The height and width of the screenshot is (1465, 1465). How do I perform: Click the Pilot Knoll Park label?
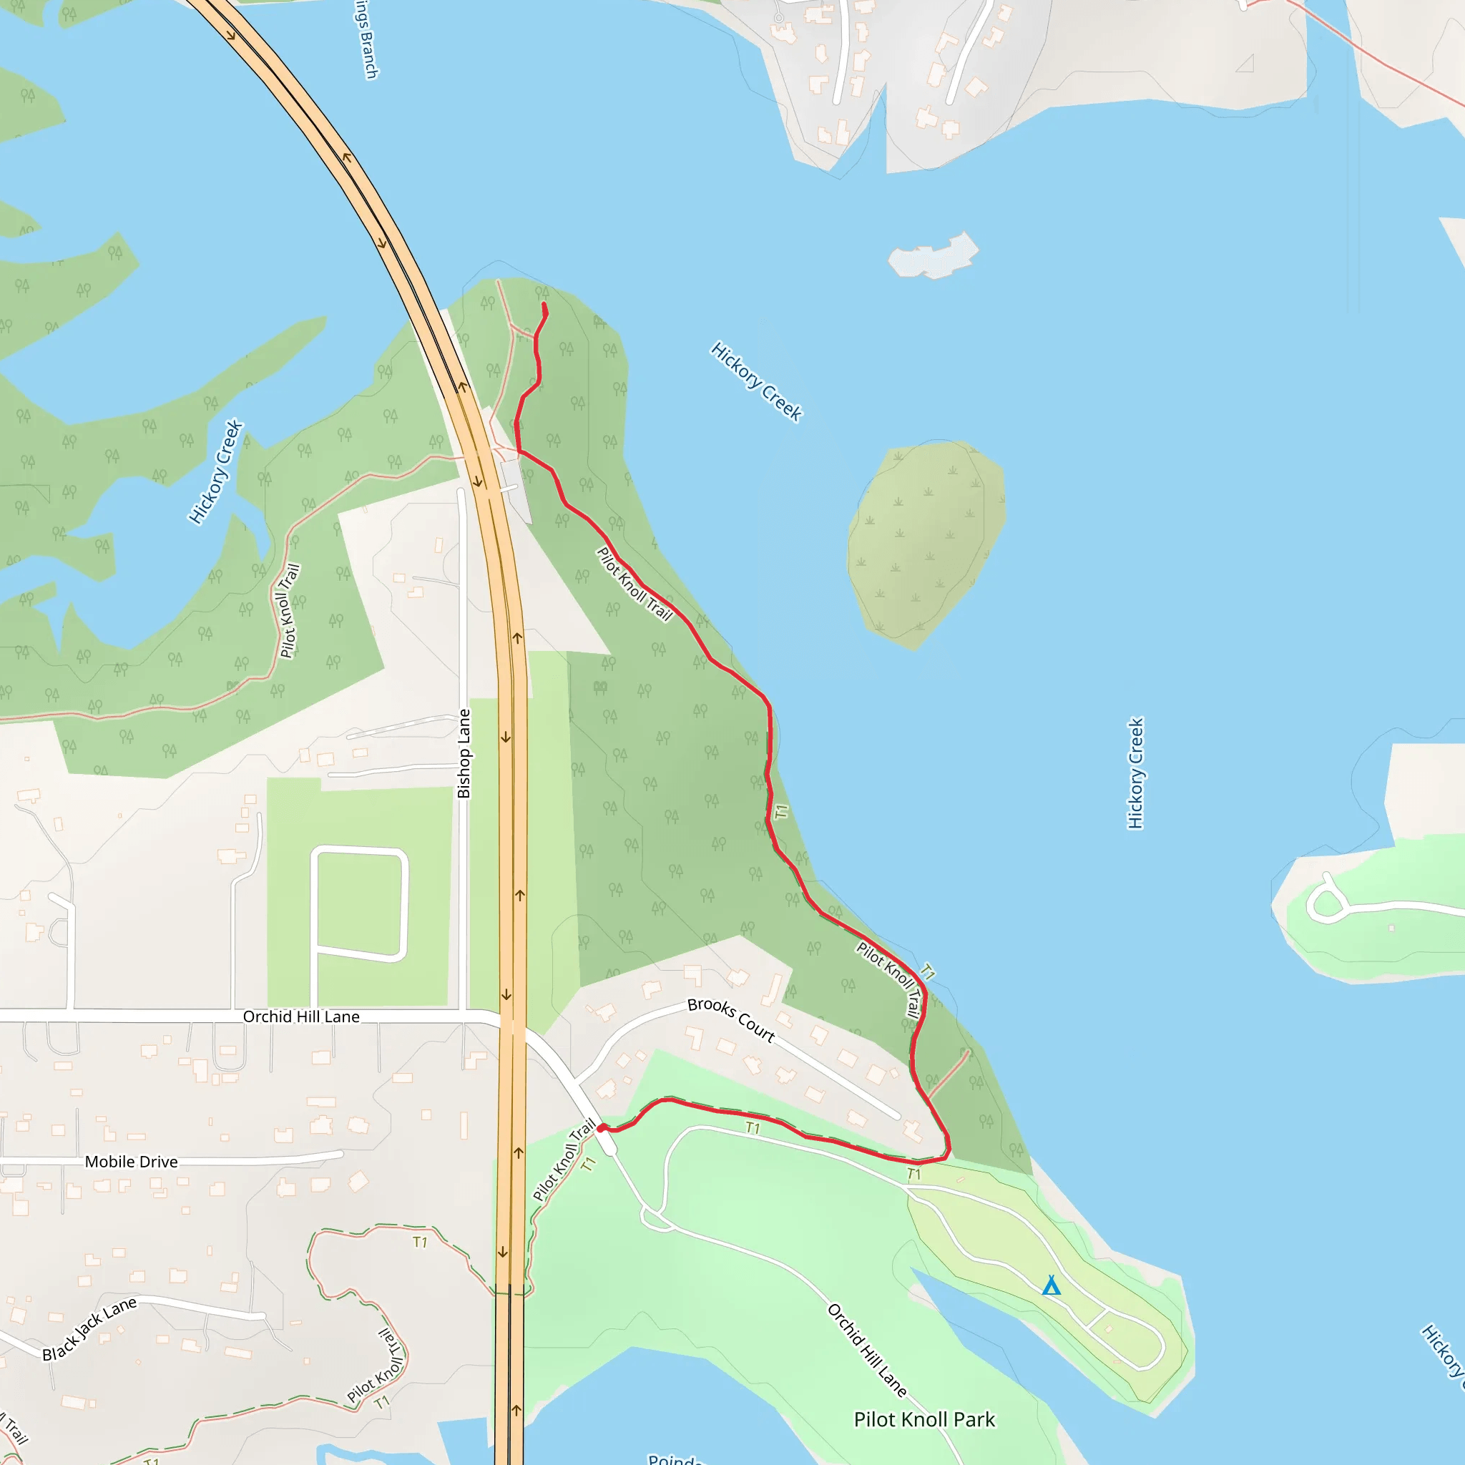tap(923, 1419)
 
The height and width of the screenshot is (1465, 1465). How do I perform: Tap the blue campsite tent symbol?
tap(1051, 1286)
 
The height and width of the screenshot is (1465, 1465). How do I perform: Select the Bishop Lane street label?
tap(464, 753)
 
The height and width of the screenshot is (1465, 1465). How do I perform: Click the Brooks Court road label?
tap(731, 1020)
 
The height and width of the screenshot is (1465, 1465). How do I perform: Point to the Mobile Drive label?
tap(131, 1162)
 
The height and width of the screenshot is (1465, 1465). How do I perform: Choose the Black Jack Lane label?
tap(89, 1329)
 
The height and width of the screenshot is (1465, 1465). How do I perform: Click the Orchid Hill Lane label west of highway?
tap(301, 1017)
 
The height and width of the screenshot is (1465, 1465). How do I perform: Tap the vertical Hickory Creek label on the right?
tap(1135, 773)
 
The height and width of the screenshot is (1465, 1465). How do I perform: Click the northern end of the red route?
tap(544, 305)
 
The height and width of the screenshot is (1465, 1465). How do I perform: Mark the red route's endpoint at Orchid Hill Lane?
tap(602, 1128)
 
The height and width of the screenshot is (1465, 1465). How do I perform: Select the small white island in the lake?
tap(934, 256)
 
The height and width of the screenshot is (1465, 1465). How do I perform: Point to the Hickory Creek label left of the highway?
tap(215, 471)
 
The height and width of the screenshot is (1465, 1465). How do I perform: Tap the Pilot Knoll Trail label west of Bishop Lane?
tap(290, 610)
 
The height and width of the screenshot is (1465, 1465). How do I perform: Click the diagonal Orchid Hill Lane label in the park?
tap(867, 1350)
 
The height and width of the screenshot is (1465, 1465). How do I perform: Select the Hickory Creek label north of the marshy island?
tap(756, 381)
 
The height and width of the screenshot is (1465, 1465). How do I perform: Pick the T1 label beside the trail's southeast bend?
tap(914, 1175)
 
